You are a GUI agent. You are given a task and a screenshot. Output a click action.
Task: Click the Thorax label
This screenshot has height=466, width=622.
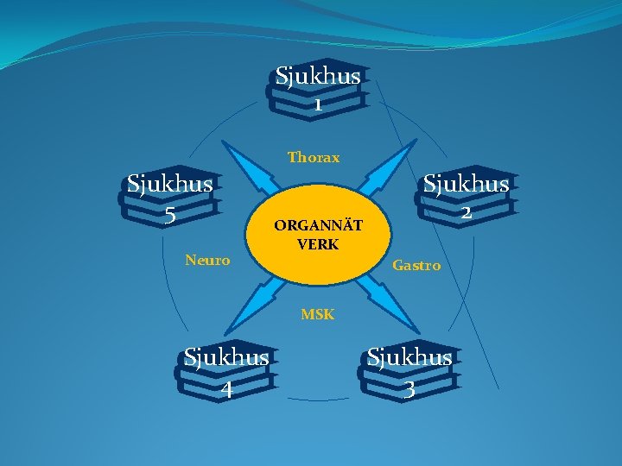pyautogui.click(x=314, y=158)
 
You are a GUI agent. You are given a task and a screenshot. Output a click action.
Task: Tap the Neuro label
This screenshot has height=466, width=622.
pyautogui.click(x=207, y=260)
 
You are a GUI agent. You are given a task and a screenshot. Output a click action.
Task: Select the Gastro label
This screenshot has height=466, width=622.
pyautogui.click(x=416, y=266)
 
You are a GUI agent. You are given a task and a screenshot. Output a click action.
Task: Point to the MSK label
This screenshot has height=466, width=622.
pyautogui.click(x=317, y=315)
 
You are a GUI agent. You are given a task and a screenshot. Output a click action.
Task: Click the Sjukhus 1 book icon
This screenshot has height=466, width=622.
pyautogui.click(x=319, y=94)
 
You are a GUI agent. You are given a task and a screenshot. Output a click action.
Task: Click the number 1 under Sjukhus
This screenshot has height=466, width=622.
pyautogui.click(x=318, y=105)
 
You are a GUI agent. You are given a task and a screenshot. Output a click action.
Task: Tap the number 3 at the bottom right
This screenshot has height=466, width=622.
pyautogui.click(x=409, y=389)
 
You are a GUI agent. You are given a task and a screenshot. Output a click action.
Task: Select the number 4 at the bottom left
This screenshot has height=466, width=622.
pyautogui.click(x=226, y=389)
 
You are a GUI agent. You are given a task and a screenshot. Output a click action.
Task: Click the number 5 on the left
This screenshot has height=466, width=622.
pyautogui.click(x=170, y=215)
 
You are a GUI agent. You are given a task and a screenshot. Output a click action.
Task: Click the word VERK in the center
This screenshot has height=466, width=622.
pyautogui.click(x=318, y=244)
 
